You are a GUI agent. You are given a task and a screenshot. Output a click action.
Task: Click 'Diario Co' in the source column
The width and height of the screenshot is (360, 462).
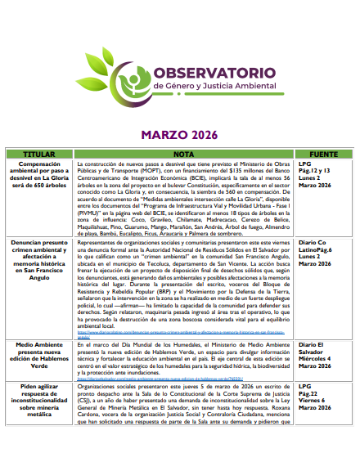(x=313, y=243)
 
